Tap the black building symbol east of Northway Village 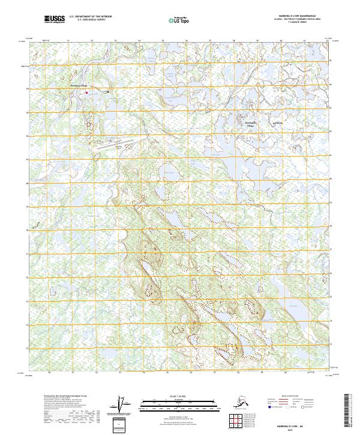[107, 92]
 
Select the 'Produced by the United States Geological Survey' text [66, 396]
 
